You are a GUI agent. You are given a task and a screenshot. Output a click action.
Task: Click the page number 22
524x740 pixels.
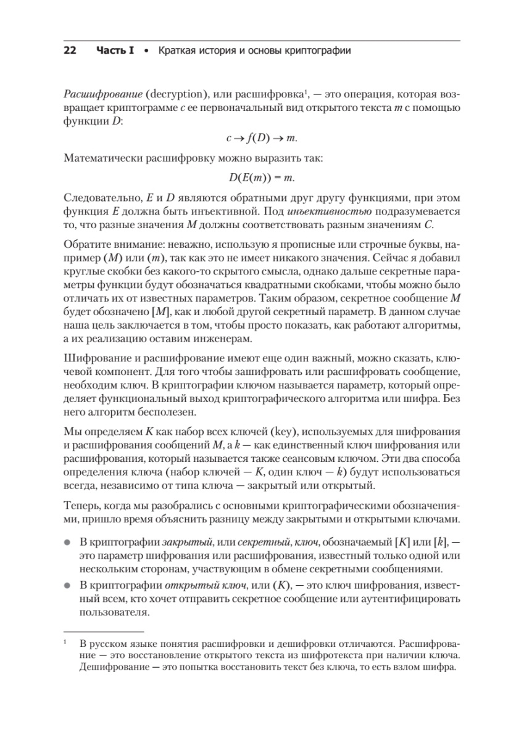coord(70,51)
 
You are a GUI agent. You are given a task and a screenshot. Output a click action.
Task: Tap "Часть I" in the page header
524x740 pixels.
coord(115,51)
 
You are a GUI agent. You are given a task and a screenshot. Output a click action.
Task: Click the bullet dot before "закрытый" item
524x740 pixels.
coord(67,542)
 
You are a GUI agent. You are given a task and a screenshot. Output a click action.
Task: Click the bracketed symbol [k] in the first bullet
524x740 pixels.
coord(440,542)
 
